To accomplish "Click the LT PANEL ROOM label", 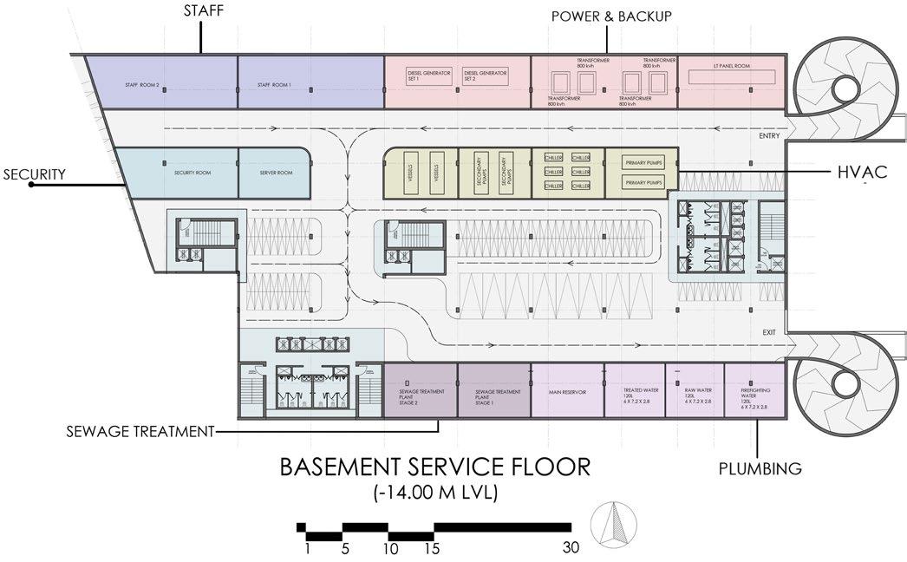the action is [x=731, y=66].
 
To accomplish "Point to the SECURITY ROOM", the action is [x=175, y=172].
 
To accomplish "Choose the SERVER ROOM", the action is [x=276, y=172].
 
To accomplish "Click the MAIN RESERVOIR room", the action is [x=568, y=392].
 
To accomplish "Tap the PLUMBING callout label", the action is [x=760, y=469].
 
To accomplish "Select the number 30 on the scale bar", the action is [x=569, y=548].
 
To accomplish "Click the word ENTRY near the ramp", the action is [x=768, y=135].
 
